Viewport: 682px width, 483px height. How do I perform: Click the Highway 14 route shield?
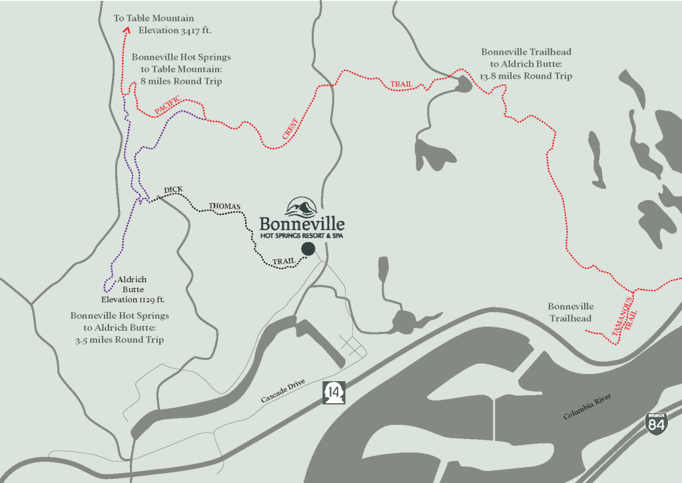(x=333, y=393)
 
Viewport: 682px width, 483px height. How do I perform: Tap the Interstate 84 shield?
(x=656, y=424)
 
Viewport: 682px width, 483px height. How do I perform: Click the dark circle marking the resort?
(x=308, y=249)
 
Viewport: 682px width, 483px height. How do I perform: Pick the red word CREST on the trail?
(x=288, y=130)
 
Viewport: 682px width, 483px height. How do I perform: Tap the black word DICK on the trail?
(x=172, y=192)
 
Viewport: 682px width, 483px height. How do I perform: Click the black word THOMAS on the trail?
(x=224, y=206)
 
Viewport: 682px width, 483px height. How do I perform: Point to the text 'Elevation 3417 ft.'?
(x=179, y=31)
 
